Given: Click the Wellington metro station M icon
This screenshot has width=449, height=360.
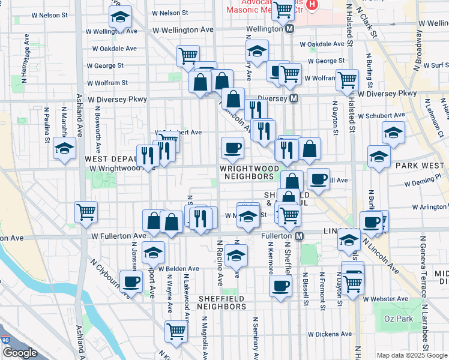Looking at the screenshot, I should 290,29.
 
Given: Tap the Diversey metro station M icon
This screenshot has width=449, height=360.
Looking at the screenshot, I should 294,98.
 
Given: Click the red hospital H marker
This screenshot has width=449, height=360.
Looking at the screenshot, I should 312,5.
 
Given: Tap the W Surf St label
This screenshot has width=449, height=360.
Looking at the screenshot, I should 435,65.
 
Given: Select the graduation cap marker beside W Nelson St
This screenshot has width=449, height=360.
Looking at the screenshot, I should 120,19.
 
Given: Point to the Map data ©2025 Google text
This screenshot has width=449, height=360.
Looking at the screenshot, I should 411,355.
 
